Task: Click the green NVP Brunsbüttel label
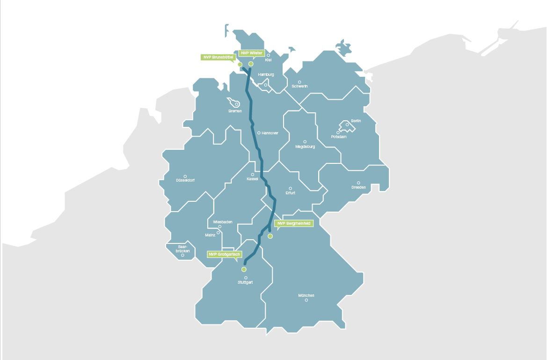(x=218, y=57)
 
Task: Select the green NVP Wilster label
(x=252, y=53)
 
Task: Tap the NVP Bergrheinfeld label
(x=293, y=223)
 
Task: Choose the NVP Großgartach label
(x=225, y=254)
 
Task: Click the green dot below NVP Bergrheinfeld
(x=270, y=236)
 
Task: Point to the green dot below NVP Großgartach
(x=244, y=270)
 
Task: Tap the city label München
(x=306, y=295)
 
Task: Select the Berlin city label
(x=356, y=121)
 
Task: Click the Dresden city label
(x=358, y=188)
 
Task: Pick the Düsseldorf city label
(x=185, y=180)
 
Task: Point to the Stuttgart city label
(x=245, y=283)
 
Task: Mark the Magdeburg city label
(x=305, y=147)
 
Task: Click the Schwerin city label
(x=299, y=86)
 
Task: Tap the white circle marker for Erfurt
(x=290, y=189)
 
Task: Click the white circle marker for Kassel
(x=253, y=175)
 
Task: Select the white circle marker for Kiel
(x=268, y=55)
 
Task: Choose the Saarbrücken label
(x=182, y=249)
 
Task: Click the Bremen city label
(x=235, y=111)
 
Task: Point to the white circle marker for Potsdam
(x=338, y=132)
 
